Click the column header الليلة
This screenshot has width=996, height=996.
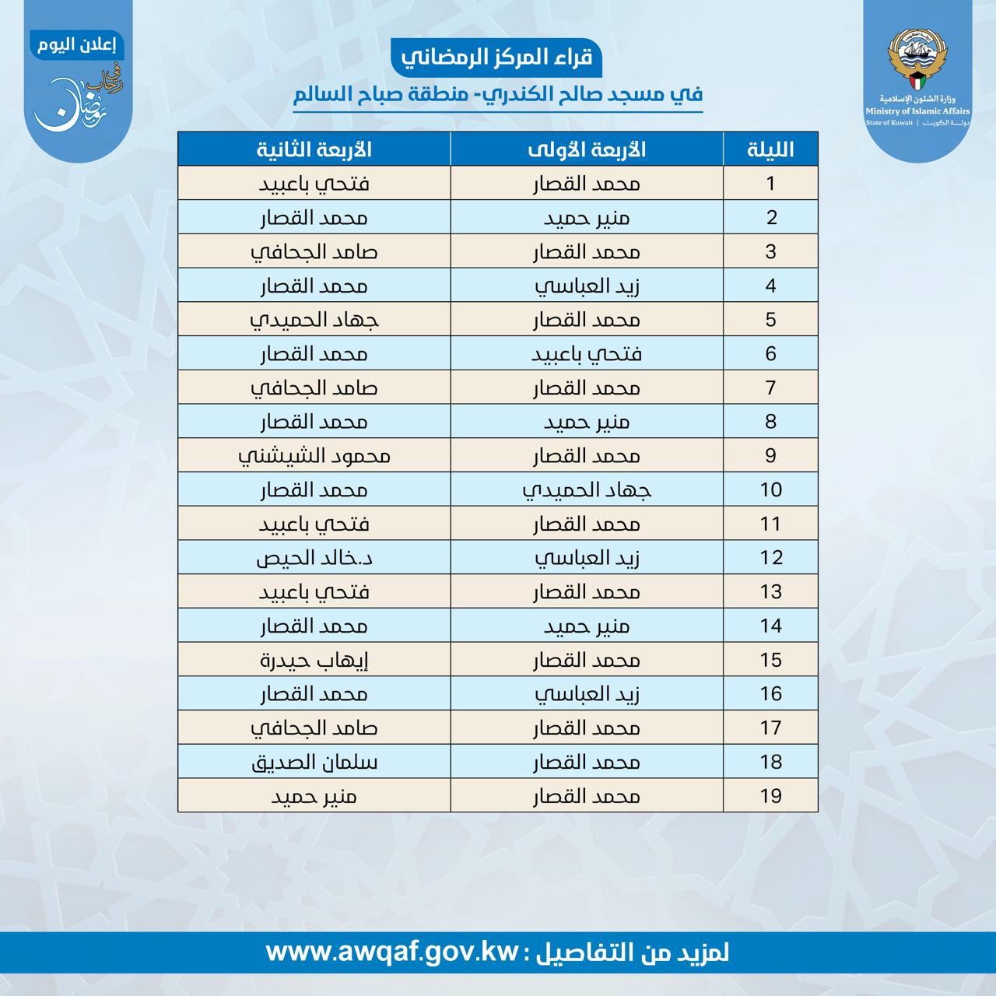770,149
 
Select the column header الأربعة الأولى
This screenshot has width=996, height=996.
587,149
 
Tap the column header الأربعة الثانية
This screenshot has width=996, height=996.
314,149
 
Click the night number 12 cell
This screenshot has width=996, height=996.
770,558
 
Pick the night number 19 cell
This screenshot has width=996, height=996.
770,796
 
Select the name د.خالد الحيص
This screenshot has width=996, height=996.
314,558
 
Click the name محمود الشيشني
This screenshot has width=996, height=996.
314,456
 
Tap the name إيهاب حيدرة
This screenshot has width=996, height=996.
314,661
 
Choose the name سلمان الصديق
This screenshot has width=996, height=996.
314,763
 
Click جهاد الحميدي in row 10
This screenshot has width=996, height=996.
587,490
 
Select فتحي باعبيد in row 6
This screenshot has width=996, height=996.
587,354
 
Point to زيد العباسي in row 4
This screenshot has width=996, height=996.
587,286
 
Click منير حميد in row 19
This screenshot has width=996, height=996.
314,797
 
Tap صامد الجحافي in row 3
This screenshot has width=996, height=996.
314,252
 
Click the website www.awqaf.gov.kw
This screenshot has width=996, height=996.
391,952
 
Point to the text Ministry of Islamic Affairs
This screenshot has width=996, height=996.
917,111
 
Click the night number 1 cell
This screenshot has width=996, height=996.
770,184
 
